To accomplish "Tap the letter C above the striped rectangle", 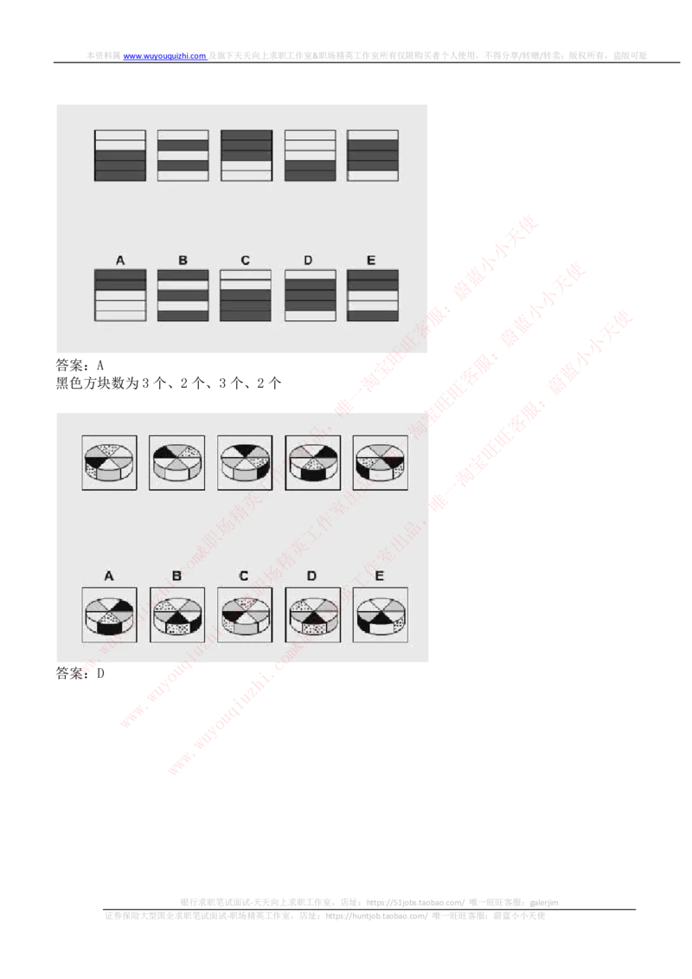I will (245, 260).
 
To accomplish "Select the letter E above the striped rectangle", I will (371, 260).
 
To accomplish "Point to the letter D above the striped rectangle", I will (309, 260).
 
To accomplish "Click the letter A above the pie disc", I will (109, 576).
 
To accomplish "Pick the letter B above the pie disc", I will (176, 576).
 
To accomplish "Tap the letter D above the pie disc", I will (311, 576).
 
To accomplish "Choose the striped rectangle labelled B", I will (183, 295).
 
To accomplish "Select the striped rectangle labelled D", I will (310, 295).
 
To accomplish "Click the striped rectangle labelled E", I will (372, 295).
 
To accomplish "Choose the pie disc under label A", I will (109, 615).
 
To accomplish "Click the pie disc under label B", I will (177, 615).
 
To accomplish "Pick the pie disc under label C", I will (244, 615).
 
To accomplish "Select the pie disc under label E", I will (380, 615).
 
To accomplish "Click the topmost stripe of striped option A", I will (119, 274).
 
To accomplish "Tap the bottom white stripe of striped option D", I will (310, 316).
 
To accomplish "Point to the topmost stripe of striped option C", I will (246, 274).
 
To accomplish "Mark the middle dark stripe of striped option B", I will (183, 295).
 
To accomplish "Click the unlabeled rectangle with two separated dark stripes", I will (183, 156).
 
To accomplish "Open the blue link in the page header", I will (164, 56).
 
